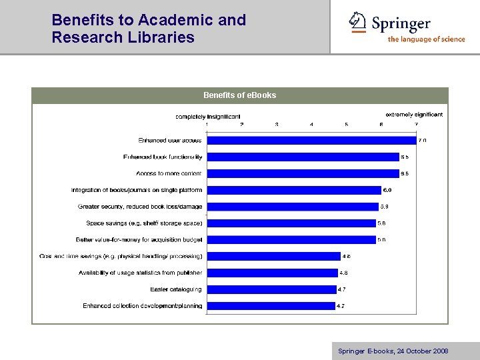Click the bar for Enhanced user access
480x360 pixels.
point(311,140)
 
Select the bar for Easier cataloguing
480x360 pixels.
point(271,289)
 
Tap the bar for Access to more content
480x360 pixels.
point(302,173)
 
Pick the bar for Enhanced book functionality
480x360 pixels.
point(302,157)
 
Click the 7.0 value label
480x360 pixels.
point(422,140)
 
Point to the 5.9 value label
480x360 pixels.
point(384,207)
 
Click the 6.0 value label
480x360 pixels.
point(387,190)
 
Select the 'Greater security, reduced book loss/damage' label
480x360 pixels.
point(140,207)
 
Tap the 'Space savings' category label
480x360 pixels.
point(144,223)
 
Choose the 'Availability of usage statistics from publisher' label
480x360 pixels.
point(140,273)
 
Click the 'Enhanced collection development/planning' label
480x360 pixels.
point(142,306)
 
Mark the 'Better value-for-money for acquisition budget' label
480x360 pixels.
point(139,239)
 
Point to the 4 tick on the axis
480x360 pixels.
point(311,125)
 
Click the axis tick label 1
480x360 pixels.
point(207,125)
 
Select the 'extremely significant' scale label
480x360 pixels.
point(414,115)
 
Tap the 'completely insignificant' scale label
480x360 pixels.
point(208,117)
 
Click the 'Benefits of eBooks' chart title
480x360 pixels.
point(239,95)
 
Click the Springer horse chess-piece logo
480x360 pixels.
point(358,22)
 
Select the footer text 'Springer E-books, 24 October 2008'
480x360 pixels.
point(393,351)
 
